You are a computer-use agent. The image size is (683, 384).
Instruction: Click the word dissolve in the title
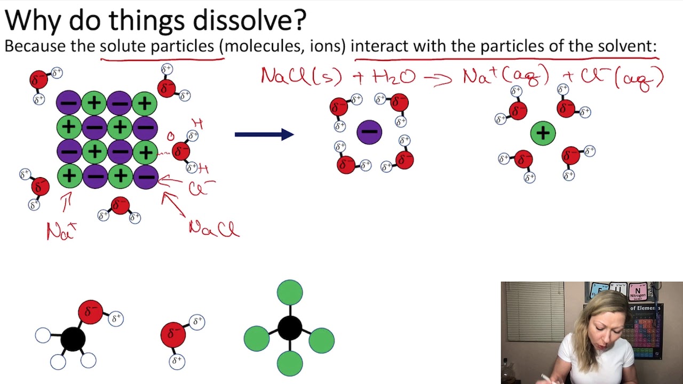click(249, 20)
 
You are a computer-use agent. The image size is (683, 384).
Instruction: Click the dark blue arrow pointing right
click(264, 134)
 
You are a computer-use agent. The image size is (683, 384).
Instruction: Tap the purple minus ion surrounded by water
click(369, 132)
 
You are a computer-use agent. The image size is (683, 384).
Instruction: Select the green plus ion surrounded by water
click(543, 133)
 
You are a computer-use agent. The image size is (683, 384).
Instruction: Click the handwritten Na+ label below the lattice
click(61, 231)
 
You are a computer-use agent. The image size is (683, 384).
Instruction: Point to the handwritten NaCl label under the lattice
click(214, 229)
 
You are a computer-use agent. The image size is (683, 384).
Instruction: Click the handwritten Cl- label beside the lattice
click(201, 188)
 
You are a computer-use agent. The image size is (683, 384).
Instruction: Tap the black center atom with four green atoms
click(290, 327)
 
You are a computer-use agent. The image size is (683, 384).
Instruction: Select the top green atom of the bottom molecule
click(290, 293)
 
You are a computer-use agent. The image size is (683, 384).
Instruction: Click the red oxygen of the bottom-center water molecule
click(173, 334)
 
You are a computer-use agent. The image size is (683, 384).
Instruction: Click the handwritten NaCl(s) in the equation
click(301, 76)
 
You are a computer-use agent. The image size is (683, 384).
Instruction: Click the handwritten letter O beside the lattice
click(171, 137)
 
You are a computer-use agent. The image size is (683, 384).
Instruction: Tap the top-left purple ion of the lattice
click(69, 103)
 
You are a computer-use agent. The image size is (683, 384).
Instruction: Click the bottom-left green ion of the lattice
click(69, 176)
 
